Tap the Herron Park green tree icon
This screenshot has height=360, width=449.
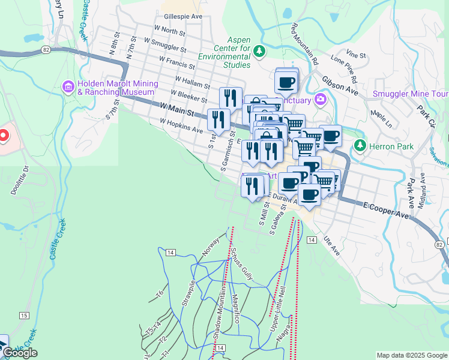coord(360,145)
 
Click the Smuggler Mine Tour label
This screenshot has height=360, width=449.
coord(411,94)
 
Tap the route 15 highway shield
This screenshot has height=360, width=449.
coord(24,315)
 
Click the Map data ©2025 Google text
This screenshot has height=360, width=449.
coord(411,355)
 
